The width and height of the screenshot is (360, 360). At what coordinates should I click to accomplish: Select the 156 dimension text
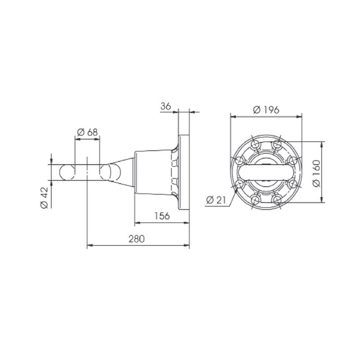(x=162, y=216)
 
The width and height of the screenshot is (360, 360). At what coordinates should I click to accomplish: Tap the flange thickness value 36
(x=166, y=106)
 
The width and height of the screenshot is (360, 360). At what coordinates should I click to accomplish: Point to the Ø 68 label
(x=87, y=133)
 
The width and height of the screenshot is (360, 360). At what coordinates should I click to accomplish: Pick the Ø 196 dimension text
(x=266, y=109)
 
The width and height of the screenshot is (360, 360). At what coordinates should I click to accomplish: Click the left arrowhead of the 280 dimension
(x=89, y=246)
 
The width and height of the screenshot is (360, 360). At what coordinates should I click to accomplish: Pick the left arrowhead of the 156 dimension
(x=137, y=222)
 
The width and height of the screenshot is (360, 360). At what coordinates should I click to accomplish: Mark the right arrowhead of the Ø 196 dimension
(x=300, y=116)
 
